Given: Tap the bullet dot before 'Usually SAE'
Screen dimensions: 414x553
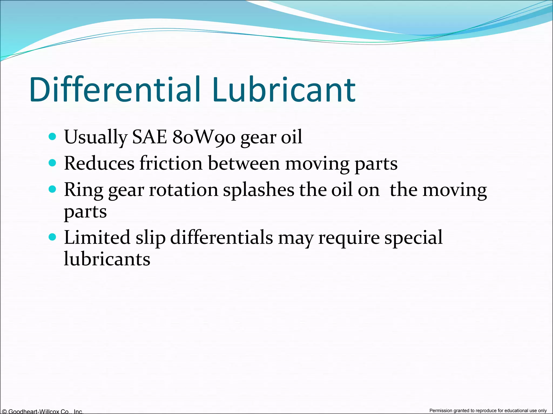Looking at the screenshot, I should coord(52,137).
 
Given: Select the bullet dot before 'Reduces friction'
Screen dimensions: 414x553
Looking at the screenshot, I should coord(52,163).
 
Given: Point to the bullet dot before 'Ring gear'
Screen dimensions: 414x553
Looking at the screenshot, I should coord(52,189).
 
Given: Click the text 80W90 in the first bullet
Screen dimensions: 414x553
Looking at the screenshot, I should coord(204,137).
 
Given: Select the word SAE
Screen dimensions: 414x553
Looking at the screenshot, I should coord(149,137).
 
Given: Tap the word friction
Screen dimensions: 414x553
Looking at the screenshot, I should coord(171,163).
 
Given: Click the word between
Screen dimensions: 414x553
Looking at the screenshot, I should coord(244,163).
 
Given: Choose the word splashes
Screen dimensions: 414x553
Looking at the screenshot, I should coord(258,190).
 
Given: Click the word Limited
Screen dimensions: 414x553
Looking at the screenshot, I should coord(97,237).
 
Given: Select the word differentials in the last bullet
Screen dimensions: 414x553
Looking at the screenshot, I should coord(221,237).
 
